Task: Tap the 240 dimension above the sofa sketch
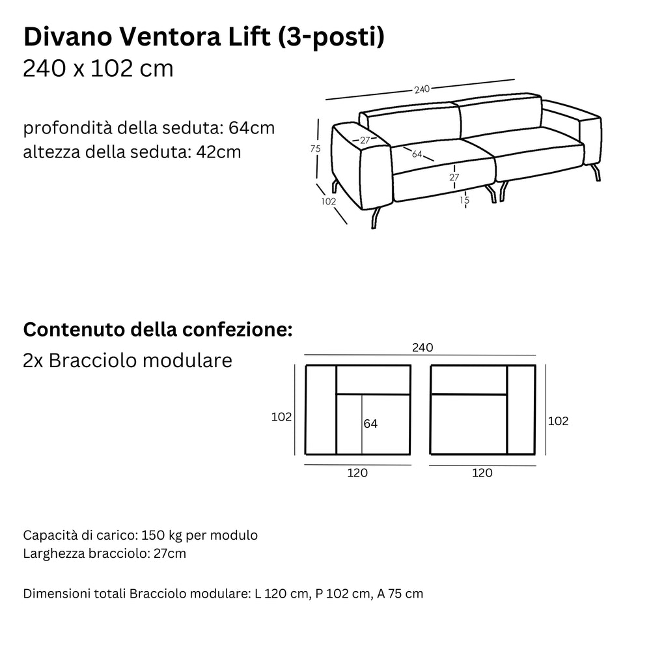pyautogui.click(x=421, y=89)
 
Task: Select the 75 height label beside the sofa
pyautogui.click(x=316, y=148)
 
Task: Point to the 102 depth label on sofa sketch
pyautogui.click(x=328, y=201)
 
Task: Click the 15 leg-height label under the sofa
pyautogui.click(x=464, y=200)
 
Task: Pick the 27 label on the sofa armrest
pyautogui.click(x=365, y=141)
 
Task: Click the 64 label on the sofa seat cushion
pyautogui.click(x=417, y=154)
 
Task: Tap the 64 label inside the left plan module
pyautogui.click(x=370, y=424)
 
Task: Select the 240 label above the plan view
pyautogui.click(x=422, y=348)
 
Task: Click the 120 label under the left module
pyautogui.click(x=357, y=473)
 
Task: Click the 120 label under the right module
pyautogui.click(x=482, y=473)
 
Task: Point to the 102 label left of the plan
pyautogui.click(x=281, y=417)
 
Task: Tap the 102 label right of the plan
pyautogui.click(x=558, y=421)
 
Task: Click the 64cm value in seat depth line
pyautogui.click(x=251, y=128)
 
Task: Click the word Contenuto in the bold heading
pyautogui.click(x=74, y=329)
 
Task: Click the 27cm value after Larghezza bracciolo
pyautogui.click(x=170, y=553)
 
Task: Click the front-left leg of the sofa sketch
pyautogui.click(x=376, y=218)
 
